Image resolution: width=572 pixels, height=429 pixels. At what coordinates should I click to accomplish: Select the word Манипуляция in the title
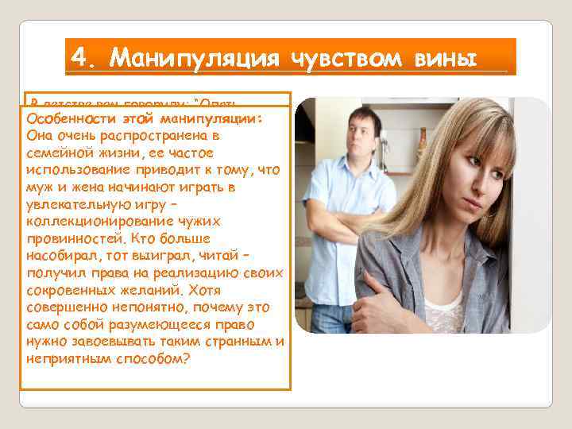click(195, 57)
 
